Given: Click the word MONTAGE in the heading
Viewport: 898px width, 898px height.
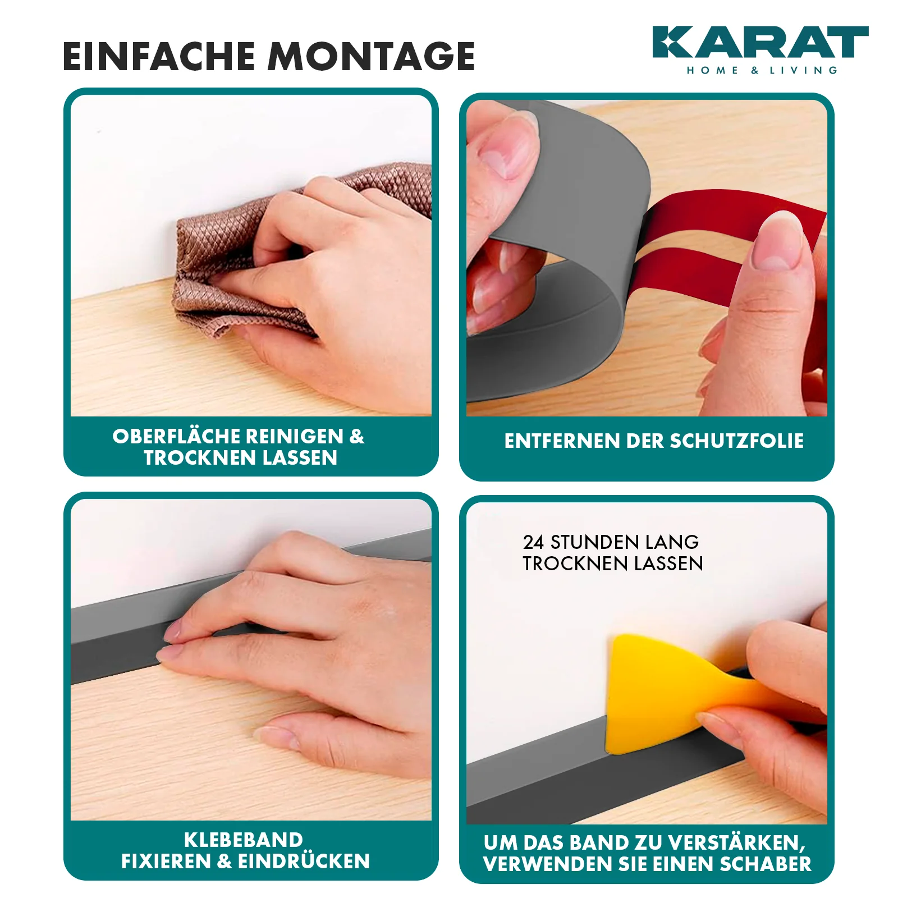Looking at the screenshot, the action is [x=371, y=56].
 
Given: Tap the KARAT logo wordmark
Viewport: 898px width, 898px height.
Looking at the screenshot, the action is [x=760, y=42].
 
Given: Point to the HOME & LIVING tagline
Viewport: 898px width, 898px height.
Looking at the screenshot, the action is [x=762, y=70].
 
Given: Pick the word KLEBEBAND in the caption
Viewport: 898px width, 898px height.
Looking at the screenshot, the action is [x=244, y=840].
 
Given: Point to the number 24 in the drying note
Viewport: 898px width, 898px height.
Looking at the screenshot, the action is [x=533, y=542].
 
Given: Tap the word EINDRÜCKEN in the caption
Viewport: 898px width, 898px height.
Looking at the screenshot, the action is [x=304, y=861].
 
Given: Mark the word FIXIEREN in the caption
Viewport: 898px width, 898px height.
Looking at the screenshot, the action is [x=166, y=861].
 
